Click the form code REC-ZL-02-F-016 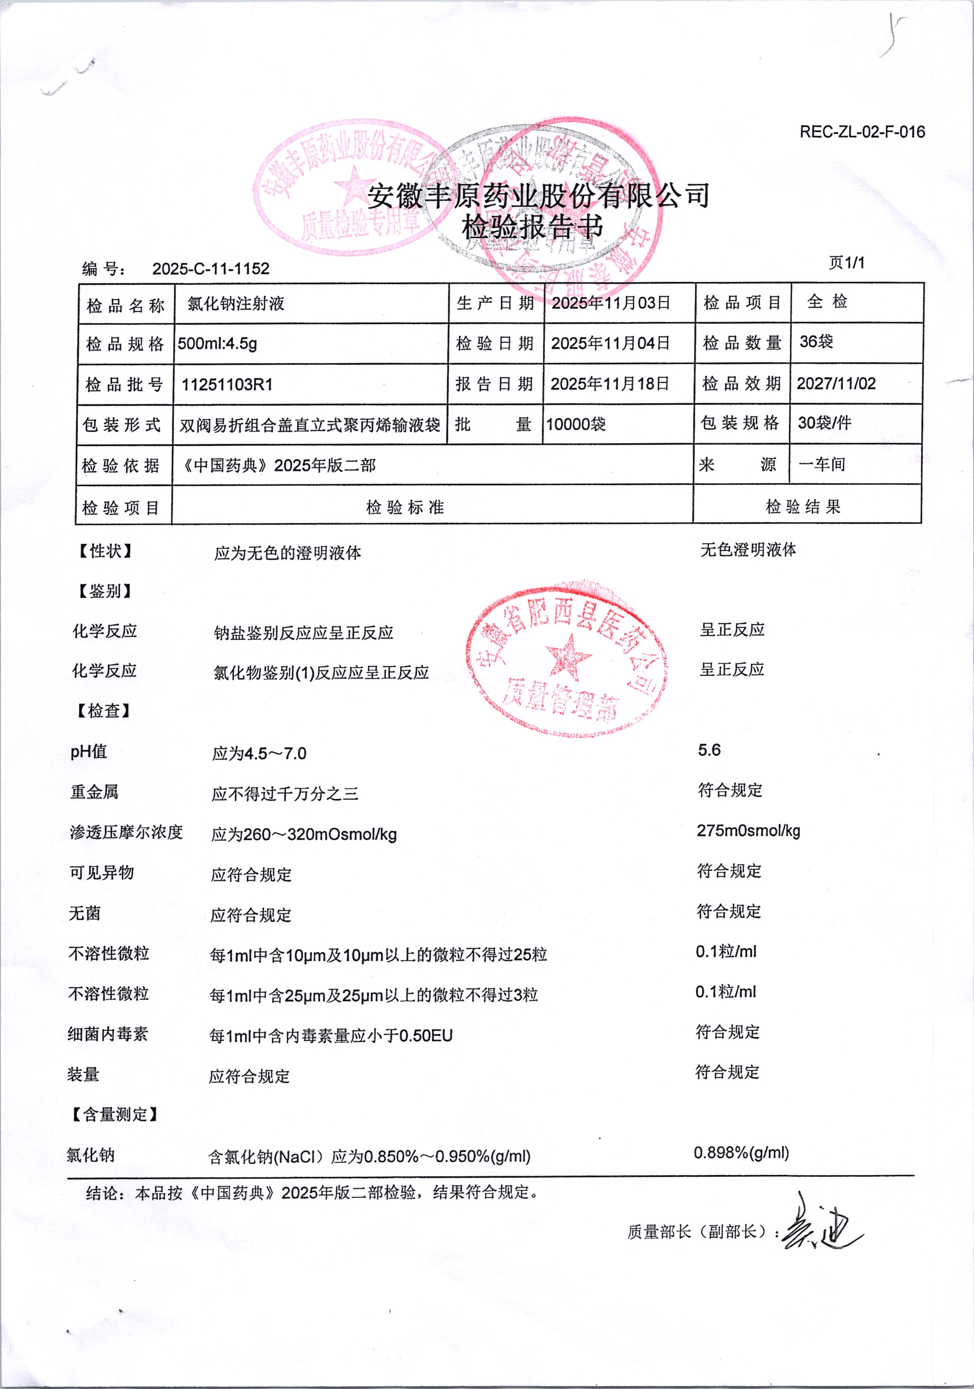click(862, 132)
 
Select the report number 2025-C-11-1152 click(210, 269)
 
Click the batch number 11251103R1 click(228, 384)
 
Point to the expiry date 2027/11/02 click(836, 383)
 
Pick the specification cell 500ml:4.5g click(218, 344)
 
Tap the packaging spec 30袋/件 click(824, 423)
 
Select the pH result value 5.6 click(709, 750)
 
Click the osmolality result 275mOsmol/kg click(748, 830)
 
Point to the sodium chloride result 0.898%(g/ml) click(741, 1152)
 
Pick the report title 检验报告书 click(532, 228)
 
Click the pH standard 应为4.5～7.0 click(259, 754)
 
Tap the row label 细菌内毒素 click(108, 1034)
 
